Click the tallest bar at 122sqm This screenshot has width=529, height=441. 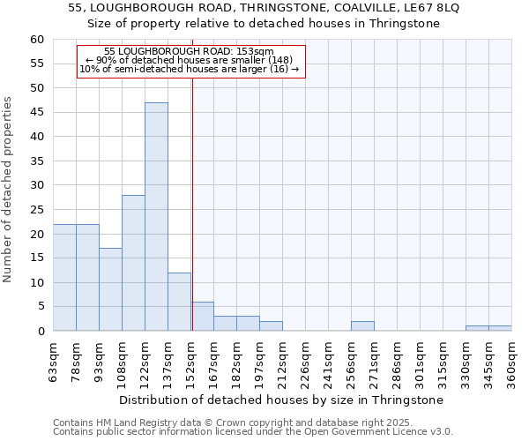(x=156, y=217)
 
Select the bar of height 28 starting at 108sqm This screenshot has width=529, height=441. (x=133, y=263)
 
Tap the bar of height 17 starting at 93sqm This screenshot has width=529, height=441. (x=110, y=289)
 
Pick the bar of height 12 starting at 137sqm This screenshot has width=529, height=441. (x=179, y=302)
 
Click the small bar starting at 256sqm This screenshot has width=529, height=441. (x=362, y=326)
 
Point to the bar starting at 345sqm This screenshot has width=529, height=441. (x=500, y=328)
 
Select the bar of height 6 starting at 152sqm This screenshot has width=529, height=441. (x=203, y=317)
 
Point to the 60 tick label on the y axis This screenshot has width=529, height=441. (x=36, y=40)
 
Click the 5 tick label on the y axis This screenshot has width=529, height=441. (x=40, y=307)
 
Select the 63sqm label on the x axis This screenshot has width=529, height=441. (x=53, y=362)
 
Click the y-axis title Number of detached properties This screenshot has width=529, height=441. (x=9, y=190)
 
